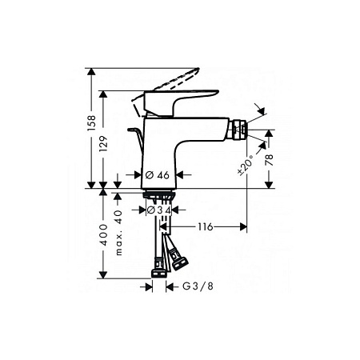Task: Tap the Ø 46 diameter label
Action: [x=155, y=174]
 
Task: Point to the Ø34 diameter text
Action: [x=158, y=210]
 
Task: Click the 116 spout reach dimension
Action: [x=206, y=227]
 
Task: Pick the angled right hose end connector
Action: [x=177, y=258]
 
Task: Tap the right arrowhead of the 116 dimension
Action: [x=243, y=227]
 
